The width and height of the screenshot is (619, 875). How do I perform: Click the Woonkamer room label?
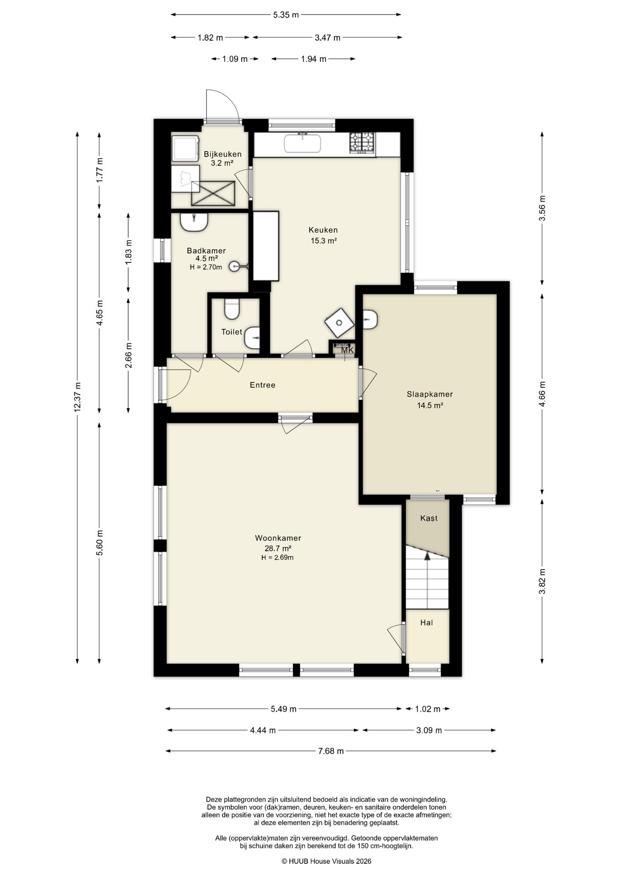278,538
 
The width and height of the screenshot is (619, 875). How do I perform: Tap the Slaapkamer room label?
430,395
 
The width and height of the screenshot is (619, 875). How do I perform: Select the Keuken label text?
323,230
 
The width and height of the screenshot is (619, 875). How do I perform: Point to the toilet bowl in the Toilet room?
232,309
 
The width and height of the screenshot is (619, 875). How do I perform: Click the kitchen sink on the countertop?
302,144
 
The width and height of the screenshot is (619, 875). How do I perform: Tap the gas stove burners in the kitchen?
362,142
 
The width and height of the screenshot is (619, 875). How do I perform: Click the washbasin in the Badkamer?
194,222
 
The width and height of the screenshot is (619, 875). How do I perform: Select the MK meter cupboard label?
347,350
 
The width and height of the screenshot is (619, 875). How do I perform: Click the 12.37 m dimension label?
77,396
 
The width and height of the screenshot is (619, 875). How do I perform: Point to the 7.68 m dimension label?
331,751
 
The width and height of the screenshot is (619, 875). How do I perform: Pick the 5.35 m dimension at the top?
286,15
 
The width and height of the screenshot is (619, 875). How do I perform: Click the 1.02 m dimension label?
428,709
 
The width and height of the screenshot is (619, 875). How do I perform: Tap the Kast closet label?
429,518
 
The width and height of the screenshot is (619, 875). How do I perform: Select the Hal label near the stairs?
427,623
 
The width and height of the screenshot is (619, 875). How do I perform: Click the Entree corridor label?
263,385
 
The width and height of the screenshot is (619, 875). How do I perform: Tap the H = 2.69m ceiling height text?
278,557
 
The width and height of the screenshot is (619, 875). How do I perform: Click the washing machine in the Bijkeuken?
186,147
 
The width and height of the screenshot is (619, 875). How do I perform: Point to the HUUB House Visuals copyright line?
326,861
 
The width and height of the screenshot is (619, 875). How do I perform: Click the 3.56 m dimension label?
542,208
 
